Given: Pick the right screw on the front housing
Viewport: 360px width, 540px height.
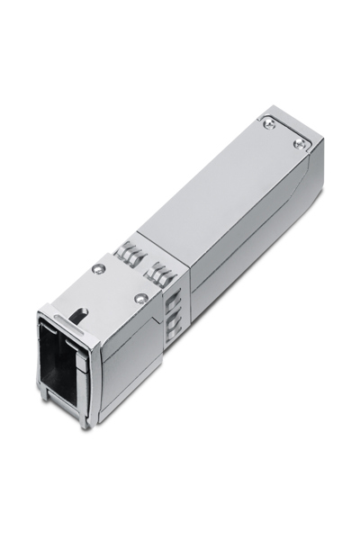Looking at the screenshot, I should coord(139,298).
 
